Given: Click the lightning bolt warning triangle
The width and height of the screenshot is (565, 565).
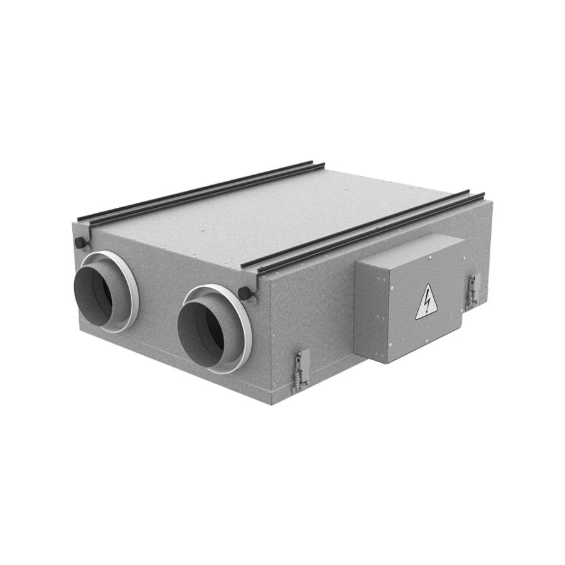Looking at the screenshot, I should [x=426, y=302].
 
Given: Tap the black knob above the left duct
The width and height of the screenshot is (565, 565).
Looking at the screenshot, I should [x=80, y=242].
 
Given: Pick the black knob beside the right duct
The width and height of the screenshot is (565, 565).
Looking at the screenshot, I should [x=244, y=292].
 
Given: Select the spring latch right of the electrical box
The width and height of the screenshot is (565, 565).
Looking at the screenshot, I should [x=473, y=290].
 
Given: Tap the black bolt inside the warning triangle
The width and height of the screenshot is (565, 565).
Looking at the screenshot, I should [x=427, y=302].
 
